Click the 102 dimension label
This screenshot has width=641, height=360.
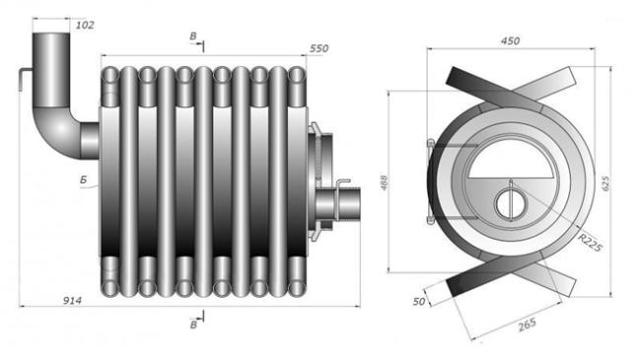click(85, 26)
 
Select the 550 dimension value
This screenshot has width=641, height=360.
click(319, 48)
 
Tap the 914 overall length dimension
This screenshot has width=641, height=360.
click(72, 301)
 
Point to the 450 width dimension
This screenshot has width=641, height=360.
click(510, 40)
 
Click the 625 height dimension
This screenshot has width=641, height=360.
click(605, 182)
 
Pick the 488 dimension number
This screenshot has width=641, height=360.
click(384, 182)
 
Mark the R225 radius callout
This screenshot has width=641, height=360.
click(591, 244)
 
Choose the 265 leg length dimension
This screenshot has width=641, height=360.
click(527, 325)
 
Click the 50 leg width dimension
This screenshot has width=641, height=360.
click(418, 302)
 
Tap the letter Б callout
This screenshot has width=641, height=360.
click(84, 180)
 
